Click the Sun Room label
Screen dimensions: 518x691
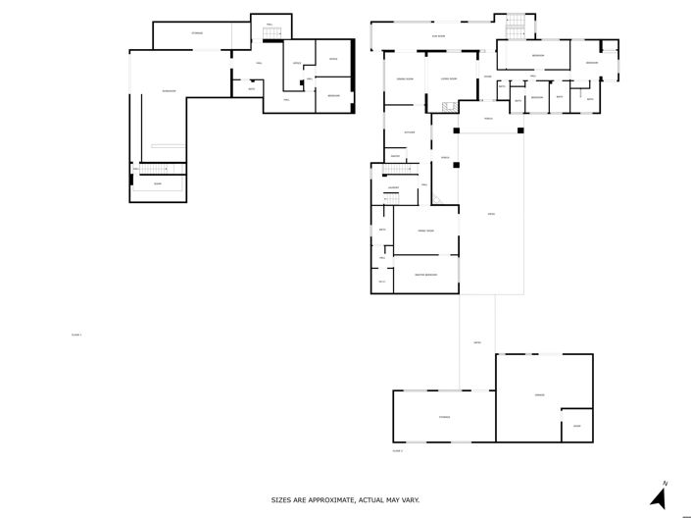(x=440, y=36)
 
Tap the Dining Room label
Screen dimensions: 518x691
(x=402, y=78)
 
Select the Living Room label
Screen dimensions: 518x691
(x=448, y=78)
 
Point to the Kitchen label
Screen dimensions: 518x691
(x=410, y=132)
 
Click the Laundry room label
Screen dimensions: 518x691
(x=392, y=187)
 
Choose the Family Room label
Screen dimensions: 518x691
(x=425, y=231)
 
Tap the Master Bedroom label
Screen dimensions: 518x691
(x=425, y=275)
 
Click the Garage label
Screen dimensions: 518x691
(x=538, y=394)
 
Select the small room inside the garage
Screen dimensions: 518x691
(x=576, y=425)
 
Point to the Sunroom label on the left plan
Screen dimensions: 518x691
(x=169, y=91)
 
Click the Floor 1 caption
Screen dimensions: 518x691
(x=75, y=335)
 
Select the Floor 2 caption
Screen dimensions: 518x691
(x=398, y=450)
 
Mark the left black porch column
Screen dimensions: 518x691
(x=456, y=129)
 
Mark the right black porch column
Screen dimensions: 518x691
(x=520, y=129)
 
